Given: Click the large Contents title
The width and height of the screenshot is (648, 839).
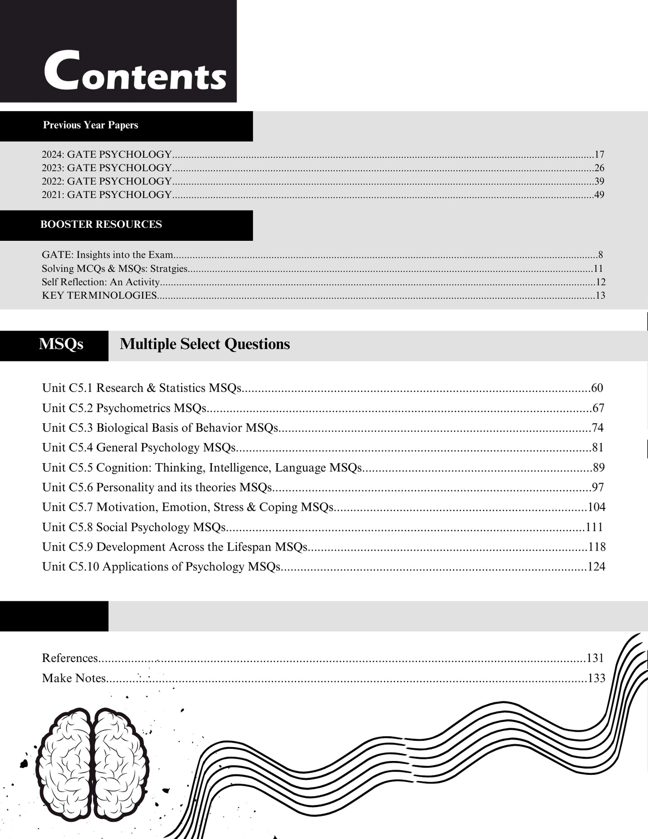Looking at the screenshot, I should (x=135, y=71).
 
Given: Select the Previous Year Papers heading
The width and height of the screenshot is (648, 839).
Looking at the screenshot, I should (x=91, y=125).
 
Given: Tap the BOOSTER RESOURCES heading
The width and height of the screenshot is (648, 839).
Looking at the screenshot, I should (x=101, y=224).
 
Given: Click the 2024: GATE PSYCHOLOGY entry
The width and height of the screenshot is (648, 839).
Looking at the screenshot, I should (x=107, y=155).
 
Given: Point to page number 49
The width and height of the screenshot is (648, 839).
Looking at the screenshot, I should (x=599, y=195).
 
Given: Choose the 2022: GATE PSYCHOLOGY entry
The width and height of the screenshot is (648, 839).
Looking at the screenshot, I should (x=107, y=181).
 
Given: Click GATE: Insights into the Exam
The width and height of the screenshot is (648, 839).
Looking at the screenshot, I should (x=108, y=255).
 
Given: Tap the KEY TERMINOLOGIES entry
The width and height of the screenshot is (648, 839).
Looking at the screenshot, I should (x=99, y=296).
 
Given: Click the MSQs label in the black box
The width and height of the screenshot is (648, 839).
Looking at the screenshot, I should (x=61, y=344).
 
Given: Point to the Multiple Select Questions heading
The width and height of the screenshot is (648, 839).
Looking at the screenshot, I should (x=205, y=344).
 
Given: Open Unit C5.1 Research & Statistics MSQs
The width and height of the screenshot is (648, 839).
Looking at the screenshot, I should (x=142, y=388).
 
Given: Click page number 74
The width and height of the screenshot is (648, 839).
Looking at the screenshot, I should (x=597, y=428).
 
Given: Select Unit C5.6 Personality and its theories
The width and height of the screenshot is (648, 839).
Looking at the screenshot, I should (x=157, y=487).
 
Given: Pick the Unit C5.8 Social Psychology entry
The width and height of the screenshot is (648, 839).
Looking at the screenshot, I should (x=134, y=527).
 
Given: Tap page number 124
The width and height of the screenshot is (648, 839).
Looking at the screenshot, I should (x=596, y=567).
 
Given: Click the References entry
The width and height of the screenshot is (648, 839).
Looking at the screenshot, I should (x=70, y=658).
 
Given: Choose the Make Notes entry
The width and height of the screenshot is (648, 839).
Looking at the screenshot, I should (x=74, y=678).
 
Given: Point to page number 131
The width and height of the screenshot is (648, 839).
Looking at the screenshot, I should (x=596, y=658).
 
